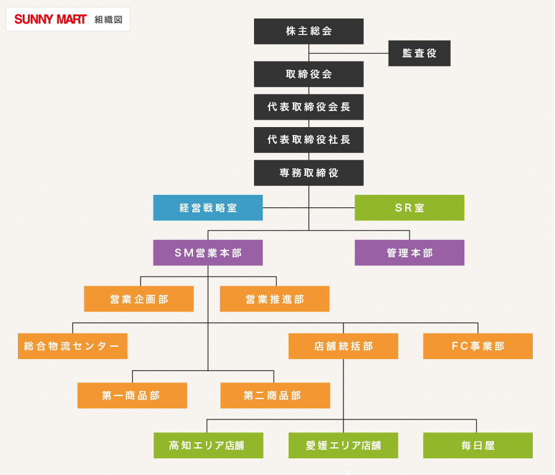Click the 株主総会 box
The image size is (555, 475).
308,31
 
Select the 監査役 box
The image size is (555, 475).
419,53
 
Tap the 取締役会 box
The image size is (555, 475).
308,74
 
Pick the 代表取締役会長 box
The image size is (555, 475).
308,107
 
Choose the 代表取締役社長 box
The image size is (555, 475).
308,139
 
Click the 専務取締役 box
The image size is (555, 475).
308,173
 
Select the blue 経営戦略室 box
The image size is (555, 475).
208,208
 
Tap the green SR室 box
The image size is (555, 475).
409,208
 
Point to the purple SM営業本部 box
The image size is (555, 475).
208,253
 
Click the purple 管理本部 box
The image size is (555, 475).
409,253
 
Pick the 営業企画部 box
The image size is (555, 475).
139,299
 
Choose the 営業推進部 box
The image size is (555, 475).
274,299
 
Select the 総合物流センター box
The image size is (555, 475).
72,346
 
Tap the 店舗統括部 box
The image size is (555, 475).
343,346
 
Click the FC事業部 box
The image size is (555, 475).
478,346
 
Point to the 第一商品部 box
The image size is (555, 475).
132,395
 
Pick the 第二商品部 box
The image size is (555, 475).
275,395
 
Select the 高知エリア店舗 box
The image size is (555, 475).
208,445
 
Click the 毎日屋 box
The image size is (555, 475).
478,445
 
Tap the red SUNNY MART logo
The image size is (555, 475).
51,19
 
